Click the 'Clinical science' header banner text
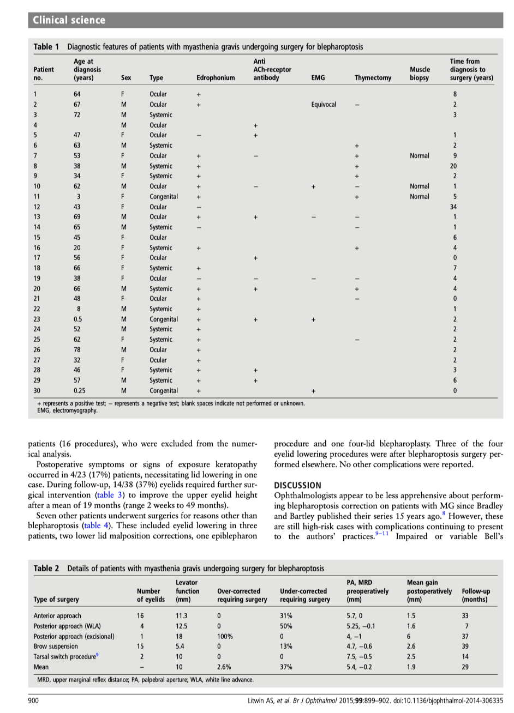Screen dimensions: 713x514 click(69, 20)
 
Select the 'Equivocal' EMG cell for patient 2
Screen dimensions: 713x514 click(324, 104)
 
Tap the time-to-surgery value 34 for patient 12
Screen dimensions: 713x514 click(453, 207)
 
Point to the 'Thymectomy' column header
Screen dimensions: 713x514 click(373, 78)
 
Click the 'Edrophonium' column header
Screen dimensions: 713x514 click(216, 78)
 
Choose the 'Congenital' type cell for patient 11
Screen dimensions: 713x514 click(164, 197)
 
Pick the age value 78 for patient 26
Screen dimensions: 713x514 click(78, 350)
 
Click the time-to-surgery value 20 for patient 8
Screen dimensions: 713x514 click(453, 166)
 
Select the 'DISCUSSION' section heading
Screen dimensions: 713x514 click(297, 485)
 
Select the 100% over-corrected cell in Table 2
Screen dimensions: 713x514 click(225, 636)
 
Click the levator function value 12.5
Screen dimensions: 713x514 click(181, 626)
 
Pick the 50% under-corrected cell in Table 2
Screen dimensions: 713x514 click(286, 626)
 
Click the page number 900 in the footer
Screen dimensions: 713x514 click(33, 700)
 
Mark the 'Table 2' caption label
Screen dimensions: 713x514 click(46, 568)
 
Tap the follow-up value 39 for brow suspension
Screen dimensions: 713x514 click(465, 646)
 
